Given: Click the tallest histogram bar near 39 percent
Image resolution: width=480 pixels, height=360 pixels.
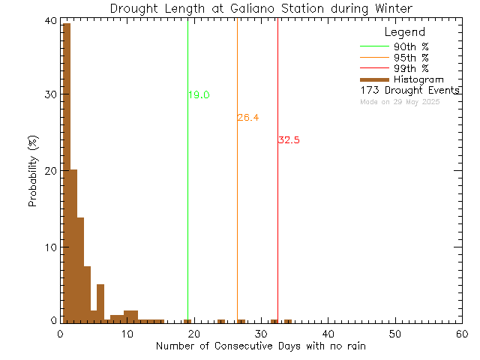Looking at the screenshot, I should pyautogui.click(x=66, y=172).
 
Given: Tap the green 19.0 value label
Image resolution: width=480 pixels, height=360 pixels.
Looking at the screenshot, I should pyautogui.click(x=199, y=95).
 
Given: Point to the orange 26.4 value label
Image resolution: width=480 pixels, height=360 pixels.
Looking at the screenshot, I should pyautogui.click(x=247, y=118).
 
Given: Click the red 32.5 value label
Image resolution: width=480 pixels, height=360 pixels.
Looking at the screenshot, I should pyautogui.click(x=289, y=140).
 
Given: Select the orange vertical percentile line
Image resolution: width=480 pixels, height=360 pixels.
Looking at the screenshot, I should pyautogui.click(x=237, y=225).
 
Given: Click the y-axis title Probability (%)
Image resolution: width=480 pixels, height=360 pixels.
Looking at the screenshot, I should pyautogui.click(x=34, y=171).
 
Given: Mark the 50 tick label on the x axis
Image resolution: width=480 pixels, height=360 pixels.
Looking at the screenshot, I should pyautogui.click(x=394, y=333).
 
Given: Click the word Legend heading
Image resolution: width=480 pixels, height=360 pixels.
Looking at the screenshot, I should pyautogui.click(x=404, y=32).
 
